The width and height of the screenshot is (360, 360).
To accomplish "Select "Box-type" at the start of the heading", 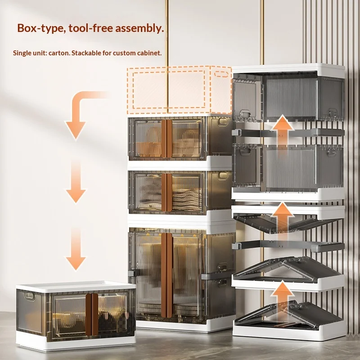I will tap(38, 28).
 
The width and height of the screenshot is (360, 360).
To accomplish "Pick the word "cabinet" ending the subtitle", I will tap(149, 53).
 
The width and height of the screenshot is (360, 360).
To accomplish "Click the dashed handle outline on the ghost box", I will tap(221, 74).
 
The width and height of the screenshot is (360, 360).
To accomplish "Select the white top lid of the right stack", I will tap(288, 69).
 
